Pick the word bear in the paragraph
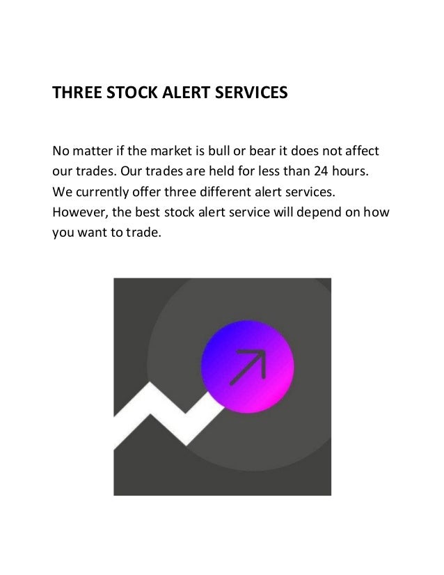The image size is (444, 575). [257, 150]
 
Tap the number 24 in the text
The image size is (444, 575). [316, 171]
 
